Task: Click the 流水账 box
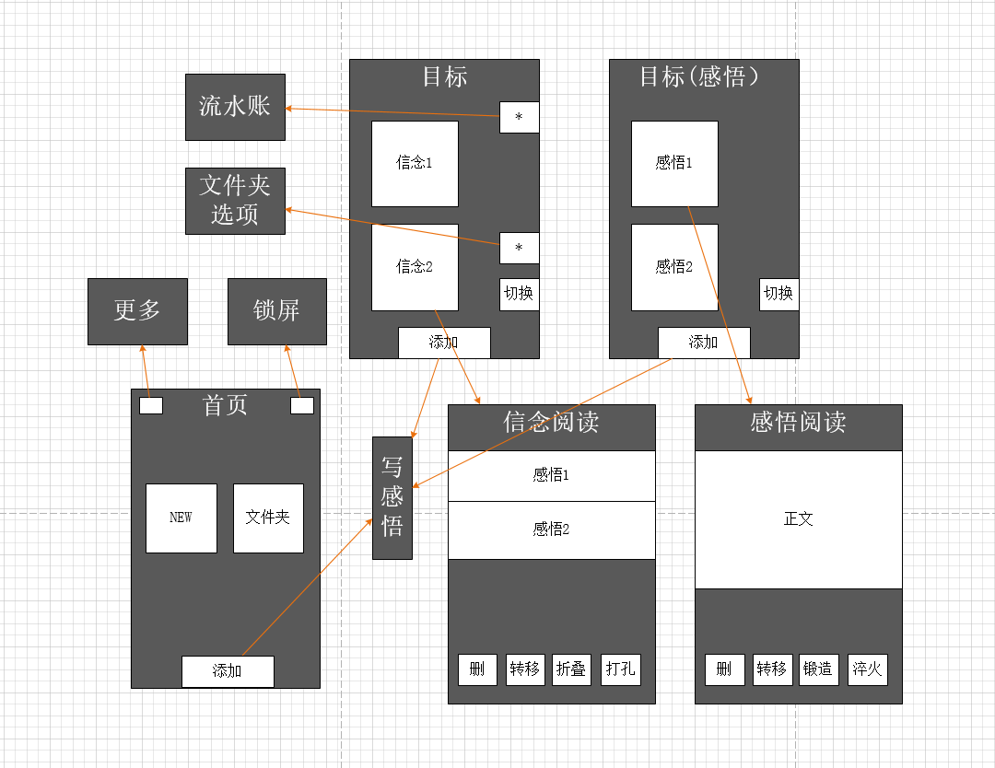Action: [236, 107]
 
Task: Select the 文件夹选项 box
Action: [236, 201]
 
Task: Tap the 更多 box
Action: [137, 311]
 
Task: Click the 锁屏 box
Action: [277, 311]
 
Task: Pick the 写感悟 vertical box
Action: [392, 498]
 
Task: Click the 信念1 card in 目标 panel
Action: [415, 164]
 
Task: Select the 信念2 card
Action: [415, 267]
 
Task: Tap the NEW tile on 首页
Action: [181, 518]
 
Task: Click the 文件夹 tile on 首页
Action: [268, 518]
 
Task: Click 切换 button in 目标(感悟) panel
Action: [778, 295]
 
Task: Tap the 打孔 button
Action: [621, 669]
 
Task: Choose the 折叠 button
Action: [572, 669]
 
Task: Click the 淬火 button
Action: [868, 669]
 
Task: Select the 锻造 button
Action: [819, 669]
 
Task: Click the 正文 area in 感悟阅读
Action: [798, 519]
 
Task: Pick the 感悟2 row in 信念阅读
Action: [552, 530]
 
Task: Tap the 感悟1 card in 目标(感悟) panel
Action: [674, 164]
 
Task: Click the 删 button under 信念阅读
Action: [477, 669]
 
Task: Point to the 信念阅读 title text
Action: [552, 422]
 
